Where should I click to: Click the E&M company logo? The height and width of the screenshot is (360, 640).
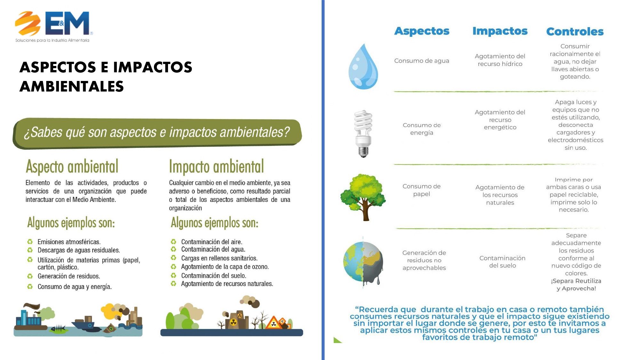pos(54,27)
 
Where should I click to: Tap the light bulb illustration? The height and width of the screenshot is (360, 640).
pos(363,134)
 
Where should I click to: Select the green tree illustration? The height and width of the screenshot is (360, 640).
pos(363,197)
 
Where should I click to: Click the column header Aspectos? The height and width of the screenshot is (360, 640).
pos(422,31)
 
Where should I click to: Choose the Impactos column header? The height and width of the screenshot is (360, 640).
pos(500,31)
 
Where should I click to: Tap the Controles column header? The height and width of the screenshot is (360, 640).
pos(575,32)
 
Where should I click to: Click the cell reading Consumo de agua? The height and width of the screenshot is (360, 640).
pos(422,61)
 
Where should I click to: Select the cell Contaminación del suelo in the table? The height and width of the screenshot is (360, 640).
pos(502,262)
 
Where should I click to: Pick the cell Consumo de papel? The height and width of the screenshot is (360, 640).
pos(421,190)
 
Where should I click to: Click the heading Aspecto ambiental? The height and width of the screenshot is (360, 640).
pos(72,166)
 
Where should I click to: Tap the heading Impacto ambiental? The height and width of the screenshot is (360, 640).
pos(216,166)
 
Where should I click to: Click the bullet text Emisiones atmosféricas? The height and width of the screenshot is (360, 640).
pos(69,242)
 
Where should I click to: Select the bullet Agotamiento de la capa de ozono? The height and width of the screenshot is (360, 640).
pos(225,267)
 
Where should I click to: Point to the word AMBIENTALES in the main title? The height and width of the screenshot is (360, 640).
pos(72,86)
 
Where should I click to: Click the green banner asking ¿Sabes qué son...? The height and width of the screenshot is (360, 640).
pos(157,132)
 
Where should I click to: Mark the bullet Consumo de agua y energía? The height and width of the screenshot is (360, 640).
pos(75,287)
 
